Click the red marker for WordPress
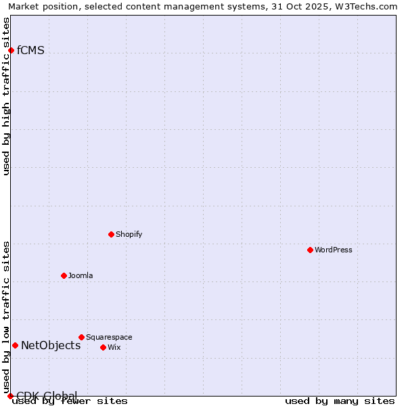(310, 250)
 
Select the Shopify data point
(111, 234)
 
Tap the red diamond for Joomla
(64, 275)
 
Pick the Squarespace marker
(81, 337)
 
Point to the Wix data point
(103, 347)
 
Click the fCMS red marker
(11, 50)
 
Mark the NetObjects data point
(15, 345)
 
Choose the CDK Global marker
(10, 396)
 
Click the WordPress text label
(333, 250)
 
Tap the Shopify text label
(129, 234)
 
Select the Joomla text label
(81, 275)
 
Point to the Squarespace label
(109, 337)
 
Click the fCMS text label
(30, 50)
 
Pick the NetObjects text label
(51, 346)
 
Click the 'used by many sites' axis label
(340, 401)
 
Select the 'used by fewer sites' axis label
(70, 401)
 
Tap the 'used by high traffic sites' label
(7, 96)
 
